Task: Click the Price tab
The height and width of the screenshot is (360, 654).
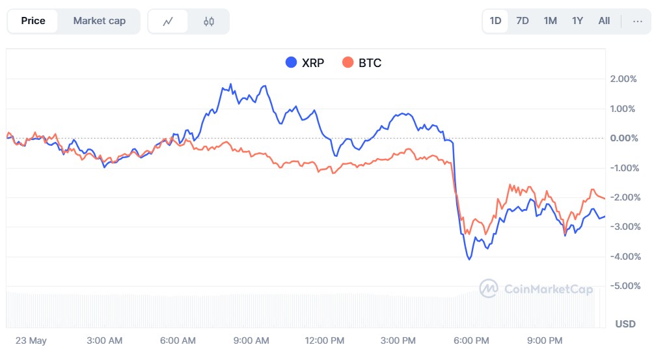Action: pos(33,21)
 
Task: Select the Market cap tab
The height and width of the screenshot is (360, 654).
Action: pos(99,21)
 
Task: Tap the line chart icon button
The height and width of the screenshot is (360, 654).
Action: pos(168,21)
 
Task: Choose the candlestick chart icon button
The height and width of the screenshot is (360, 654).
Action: pos(208,21)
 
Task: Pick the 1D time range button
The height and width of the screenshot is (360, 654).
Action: pos(495,21)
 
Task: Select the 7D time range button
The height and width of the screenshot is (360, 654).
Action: pos(523,21)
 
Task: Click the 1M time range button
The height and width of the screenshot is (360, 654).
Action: pos(550,21)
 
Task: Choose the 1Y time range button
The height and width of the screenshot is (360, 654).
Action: pos(577,21)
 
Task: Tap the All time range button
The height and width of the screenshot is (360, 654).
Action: pos(604,21)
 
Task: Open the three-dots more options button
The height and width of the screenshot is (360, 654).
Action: pos(637,21)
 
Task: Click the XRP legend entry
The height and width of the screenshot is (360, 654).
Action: pos(305,63)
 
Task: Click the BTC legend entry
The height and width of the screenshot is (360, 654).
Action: pos(362,63)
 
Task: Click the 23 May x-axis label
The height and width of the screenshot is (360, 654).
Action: pos(31,340)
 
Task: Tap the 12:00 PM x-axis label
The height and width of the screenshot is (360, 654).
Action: pos(324,340)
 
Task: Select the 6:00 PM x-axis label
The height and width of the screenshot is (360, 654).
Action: pos(471,340)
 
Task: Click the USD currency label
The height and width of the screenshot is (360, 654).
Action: pos(625,324)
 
